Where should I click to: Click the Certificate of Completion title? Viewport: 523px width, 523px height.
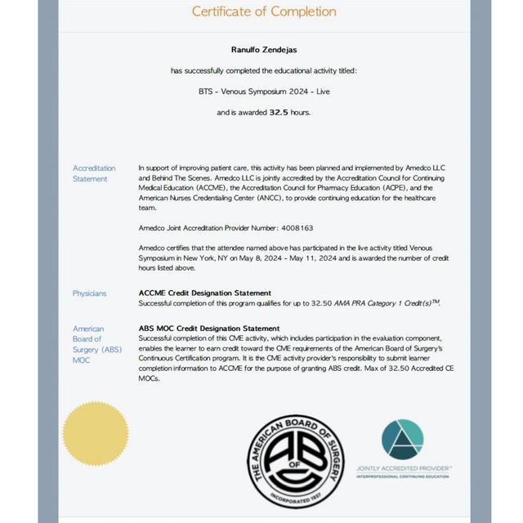click(264, 11)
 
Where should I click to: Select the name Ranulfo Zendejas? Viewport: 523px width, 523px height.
click(264, 50)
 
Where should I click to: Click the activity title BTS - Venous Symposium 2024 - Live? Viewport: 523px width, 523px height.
click(264, 91)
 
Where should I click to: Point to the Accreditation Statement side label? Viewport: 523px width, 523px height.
click(94, 173)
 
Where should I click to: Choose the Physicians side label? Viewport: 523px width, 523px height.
click(89, 293)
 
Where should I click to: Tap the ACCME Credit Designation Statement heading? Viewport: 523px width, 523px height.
click(205, 293)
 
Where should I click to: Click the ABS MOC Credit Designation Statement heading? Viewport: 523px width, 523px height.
click(210, 329)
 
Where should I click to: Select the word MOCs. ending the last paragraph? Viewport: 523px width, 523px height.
click(150, 378)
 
